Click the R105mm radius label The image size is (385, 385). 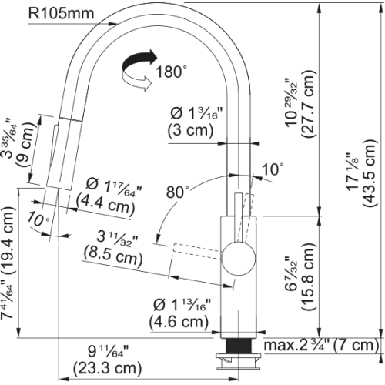point(61,13)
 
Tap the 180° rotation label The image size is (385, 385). point(171,72)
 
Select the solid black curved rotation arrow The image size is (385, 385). point(139,61)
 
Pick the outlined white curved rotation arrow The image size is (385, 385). point(136,81)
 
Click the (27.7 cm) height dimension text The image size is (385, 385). point(308,104)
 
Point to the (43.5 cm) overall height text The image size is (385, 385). point(370,172)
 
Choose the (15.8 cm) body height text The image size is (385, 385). point(308,276)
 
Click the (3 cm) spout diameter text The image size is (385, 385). point(190,130)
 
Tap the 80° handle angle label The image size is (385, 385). point(178,192)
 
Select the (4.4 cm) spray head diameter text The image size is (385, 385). point(105,204)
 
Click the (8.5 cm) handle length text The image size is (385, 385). point(113,256)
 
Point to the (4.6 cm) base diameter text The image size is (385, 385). point(179,321)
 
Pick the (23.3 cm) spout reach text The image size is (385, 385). point(107,368)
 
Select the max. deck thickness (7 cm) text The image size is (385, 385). point(321,346)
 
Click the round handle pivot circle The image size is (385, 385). point(239,259)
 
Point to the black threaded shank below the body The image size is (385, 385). point(239,346)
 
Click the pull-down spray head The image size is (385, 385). point(65,154)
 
